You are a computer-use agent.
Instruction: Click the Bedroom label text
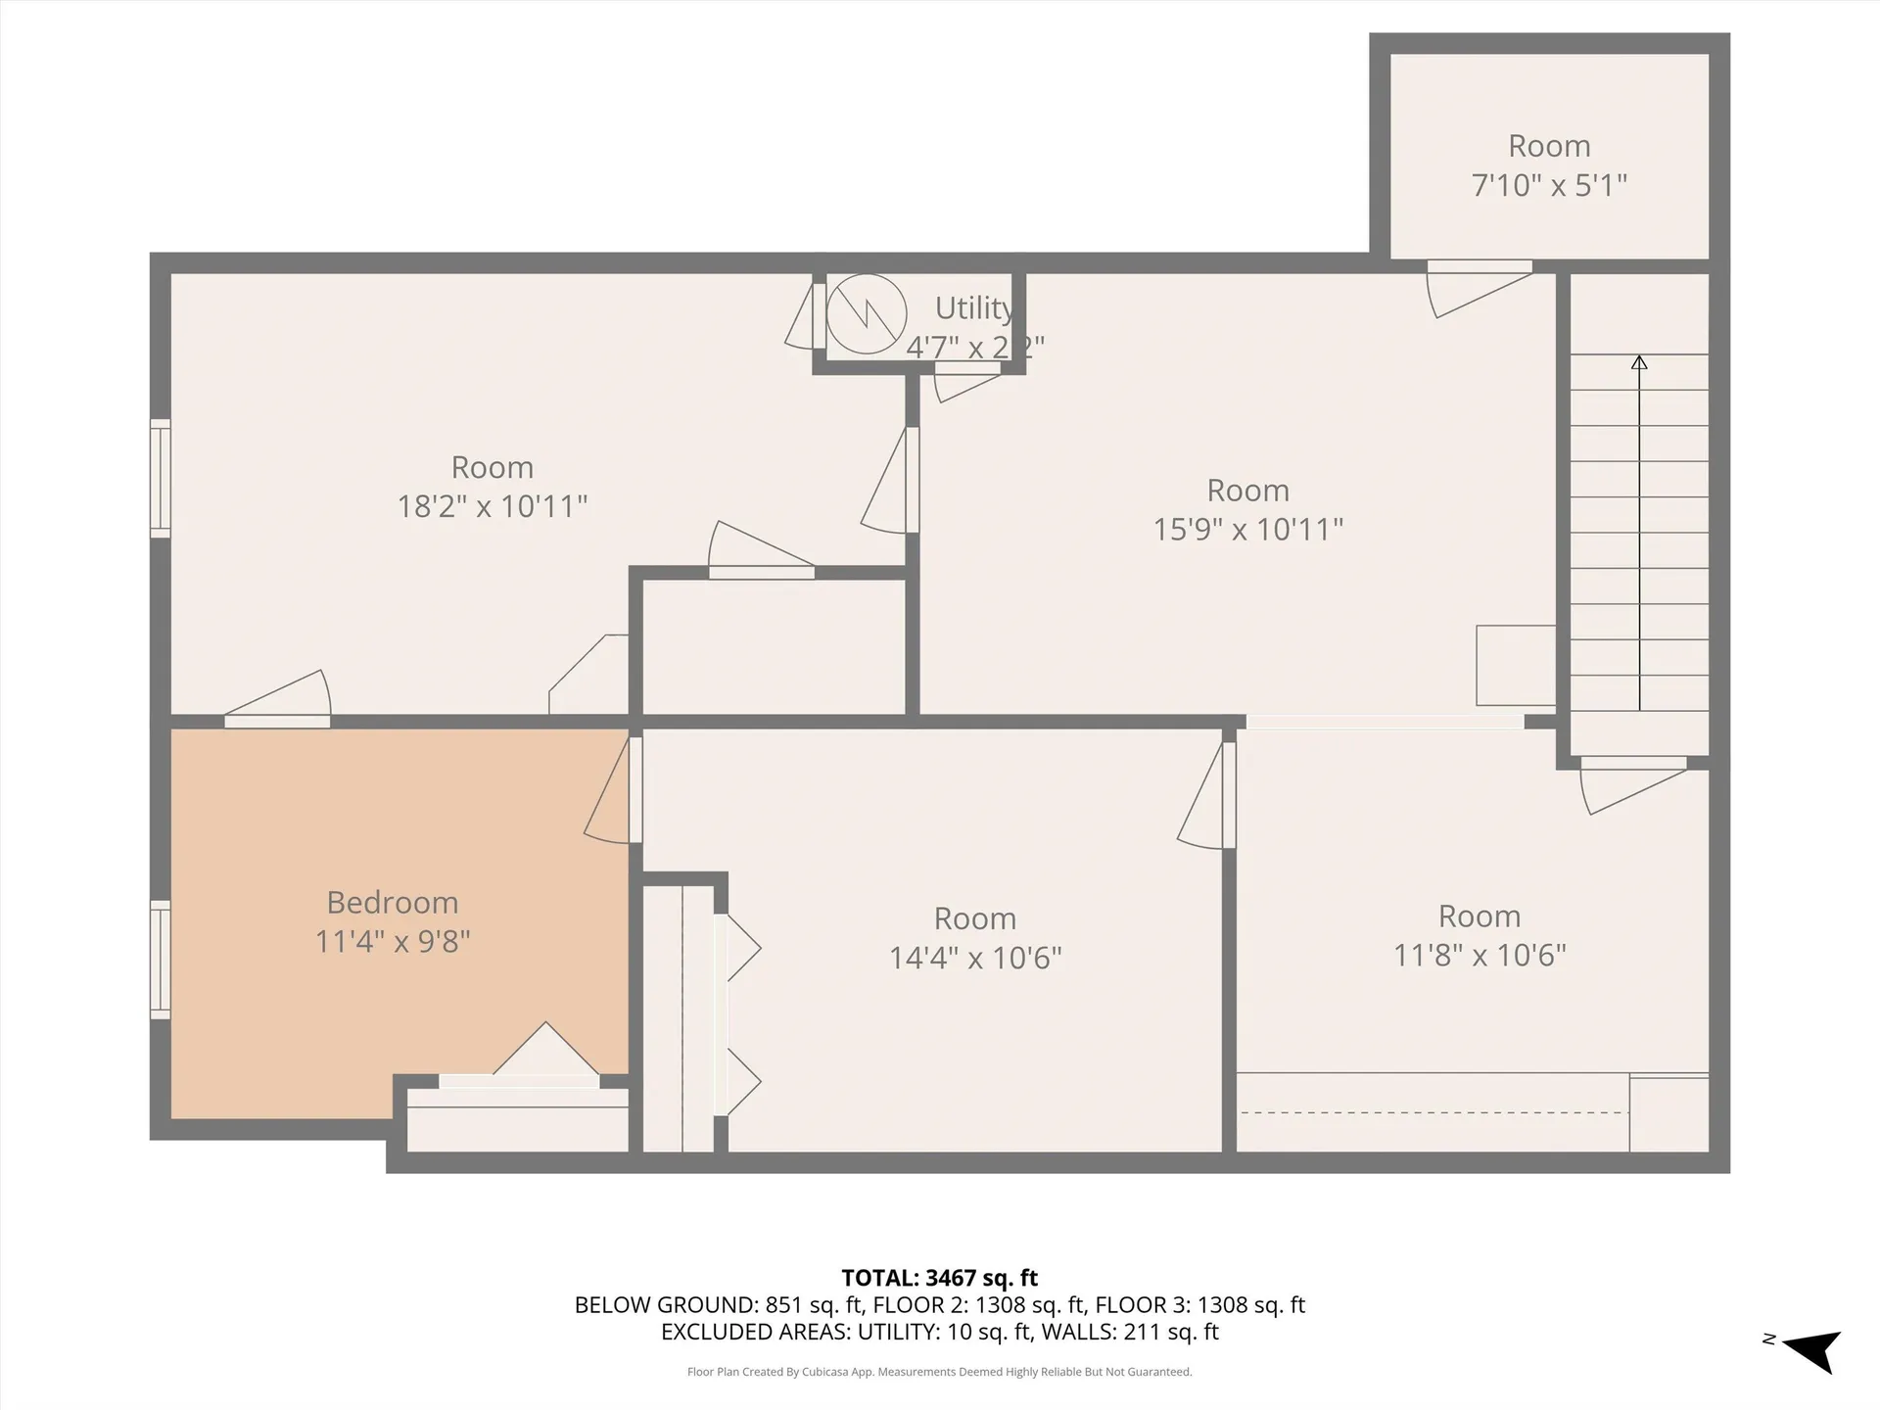point(392,902)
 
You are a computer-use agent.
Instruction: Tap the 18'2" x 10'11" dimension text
point(492,506)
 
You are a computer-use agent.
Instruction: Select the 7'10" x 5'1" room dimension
point(1549,185)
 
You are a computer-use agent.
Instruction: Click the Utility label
point(973,308)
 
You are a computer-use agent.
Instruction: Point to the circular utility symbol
point(867,314)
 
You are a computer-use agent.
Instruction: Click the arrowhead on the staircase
point(1639,362)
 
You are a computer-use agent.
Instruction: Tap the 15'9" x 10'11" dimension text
point(1247,530)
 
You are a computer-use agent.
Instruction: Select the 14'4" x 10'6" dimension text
point(974,958)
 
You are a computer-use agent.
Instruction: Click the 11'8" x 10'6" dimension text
point(1479,955)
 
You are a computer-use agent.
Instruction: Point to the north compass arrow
point(1813,1351)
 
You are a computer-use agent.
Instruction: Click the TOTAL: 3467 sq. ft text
point(939,1278)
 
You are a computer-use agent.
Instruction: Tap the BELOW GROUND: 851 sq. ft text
point(718,1305)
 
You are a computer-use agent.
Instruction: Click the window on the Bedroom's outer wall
point(160,960)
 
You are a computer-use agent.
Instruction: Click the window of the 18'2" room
point(160,478)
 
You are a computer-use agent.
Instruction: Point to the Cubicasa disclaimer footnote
point(939,1372)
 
